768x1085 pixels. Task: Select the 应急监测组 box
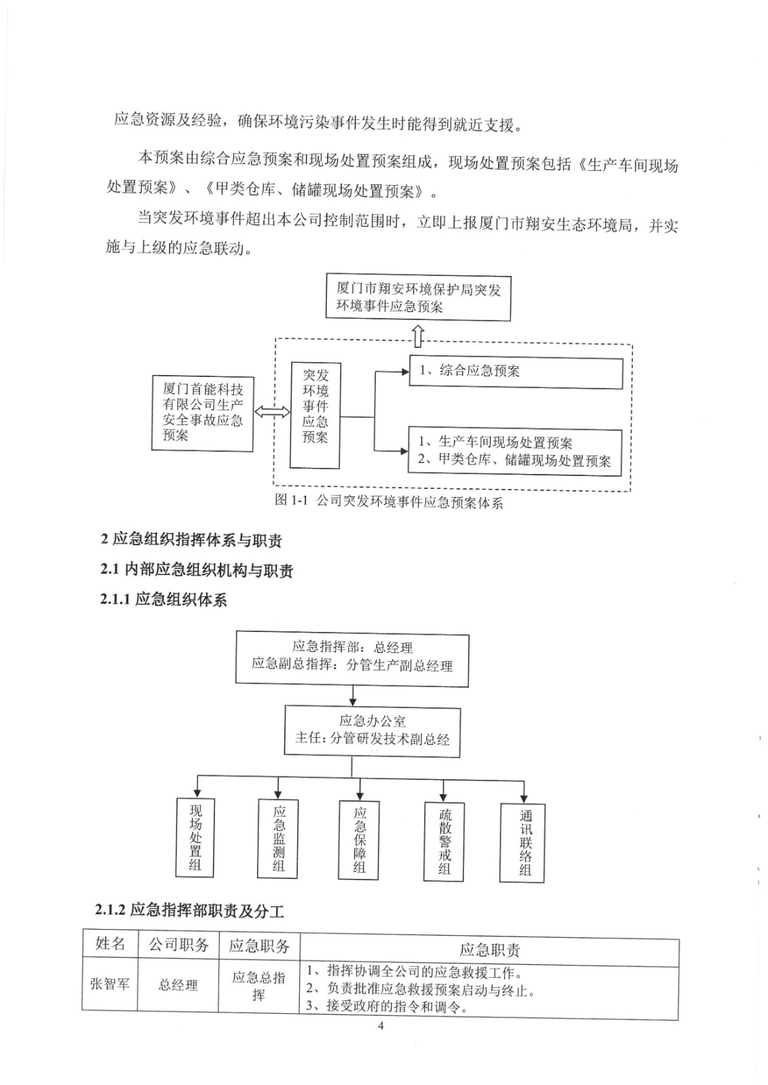click(278, 839)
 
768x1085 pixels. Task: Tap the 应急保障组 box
click(359, 840)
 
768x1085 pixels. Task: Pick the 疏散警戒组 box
click(444, 842)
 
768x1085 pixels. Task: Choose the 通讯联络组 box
click(523, 842)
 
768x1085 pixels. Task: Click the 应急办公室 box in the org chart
click(372, 730)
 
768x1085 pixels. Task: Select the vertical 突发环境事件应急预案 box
click(315, 415)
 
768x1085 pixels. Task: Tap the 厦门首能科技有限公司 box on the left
click(203, 414)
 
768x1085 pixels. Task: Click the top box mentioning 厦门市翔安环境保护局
click(418, 298)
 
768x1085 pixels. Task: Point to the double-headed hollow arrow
click(271, 412)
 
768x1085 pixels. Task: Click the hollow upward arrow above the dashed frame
click(418, 335)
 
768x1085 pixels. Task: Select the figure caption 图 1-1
click(389, 502)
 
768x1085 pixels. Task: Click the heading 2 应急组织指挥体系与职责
click(191, 540)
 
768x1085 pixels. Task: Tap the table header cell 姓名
click(110, 945)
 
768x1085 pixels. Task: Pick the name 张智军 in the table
click(110, 984)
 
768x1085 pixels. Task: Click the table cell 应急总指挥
click(258, 985)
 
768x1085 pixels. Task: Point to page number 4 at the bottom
click(381, 1026)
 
